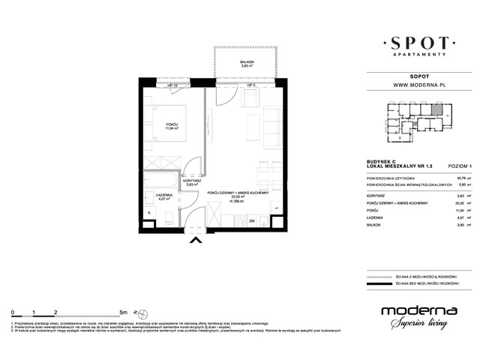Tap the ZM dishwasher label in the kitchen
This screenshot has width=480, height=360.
click(x=252, y=221)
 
